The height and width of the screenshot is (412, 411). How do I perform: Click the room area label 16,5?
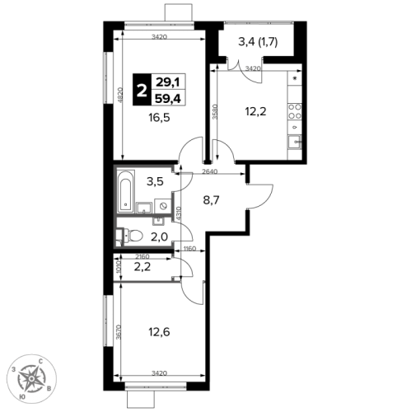pos(159,118)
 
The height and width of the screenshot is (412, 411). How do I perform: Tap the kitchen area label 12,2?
pos(255,111)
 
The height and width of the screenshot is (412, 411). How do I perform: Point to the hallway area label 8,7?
pos(211,200)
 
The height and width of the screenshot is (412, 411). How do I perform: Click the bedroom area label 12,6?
pos(159,332)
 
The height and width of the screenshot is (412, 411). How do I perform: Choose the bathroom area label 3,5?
pos(155,181)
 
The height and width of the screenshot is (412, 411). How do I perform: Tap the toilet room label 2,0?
pos(159,236)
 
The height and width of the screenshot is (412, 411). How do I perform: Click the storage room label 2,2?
pos(142,266)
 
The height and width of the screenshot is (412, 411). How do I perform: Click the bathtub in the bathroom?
pos(126,191)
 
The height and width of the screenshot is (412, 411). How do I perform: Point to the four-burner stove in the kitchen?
pos(295,111)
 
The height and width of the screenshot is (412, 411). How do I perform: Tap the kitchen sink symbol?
pos(295,142)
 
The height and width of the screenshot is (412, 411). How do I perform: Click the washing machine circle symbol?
pos(163,206)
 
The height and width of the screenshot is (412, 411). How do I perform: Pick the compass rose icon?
pos(31,379)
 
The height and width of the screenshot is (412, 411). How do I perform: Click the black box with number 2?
pos(142,90)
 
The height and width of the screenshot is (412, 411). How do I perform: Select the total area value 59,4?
pos(168,98)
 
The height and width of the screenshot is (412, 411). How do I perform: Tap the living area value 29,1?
pos(168,82)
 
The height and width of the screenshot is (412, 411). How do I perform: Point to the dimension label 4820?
pos(120,95)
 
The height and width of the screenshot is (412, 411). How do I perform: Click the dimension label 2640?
pos(209,171)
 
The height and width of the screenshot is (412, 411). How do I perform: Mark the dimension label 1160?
pos(189,249)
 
